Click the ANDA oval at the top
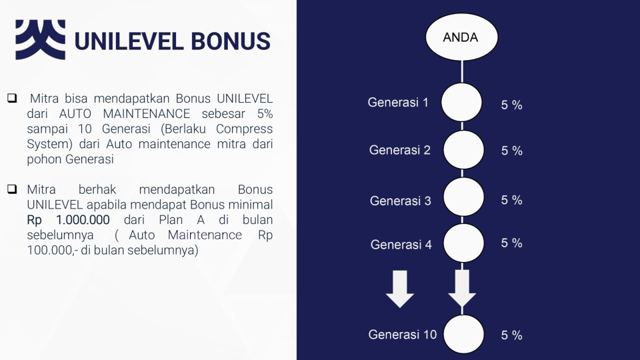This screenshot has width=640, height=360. pyautogui.click(x=461, y=37)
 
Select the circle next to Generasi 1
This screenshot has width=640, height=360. pyautogui.click(x=461, y=102)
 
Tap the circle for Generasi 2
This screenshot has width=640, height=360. pyautogui.click(x=464, y=150)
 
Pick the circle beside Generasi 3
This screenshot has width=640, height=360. pyautogui.click(x=464, y=197)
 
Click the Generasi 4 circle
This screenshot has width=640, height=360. pyautogui.click(x=464, y=243)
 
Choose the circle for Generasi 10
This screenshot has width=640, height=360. pyautogui.click(x=464, y=334)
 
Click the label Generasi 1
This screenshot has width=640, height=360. pyautogui.click(x=398, y=102)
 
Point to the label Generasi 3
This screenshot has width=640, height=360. pyautogui.click(x=401, y=201)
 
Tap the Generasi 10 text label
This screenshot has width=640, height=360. pyautogui.click(x=403, y=334)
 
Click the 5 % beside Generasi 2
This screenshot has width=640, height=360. pyautogui.click(x=512, y=151)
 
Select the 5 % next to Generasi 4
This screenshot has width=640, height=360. pyautogui.click(x=512, y=243)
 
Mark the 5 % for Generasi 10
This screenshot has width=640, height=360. pyautogui.click(x=512, y=335)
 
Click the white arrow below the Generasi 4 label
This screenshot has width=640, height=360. pyautogui.click(x=400, y=289)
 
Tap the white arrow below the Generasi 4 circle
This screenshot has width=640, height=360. pyautogui.click(x=462, y=288)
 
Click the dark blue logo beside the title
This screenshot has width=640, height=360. pyautogui.click(x=41, y=39)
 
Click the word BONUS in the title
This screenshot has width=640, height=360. pyautogui.click(x=231, y=41)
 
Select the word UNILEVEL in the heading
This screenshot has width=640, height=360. pyautogui.click(x=129, y=41)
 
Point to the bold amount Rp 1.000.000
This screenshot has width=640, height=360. pyautogui.click(x=68, y=219)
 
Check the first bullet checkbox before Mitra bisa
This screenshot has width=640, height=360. pyautogui.click(x=12, y=98)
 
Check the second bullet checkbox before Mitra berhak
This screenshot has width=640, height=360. pyautogui.click(x=12, y=189)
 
